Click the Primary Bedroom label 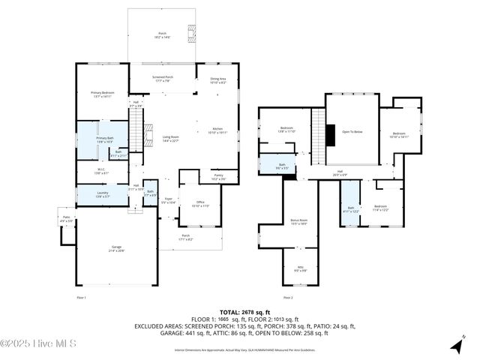tap(101, 94)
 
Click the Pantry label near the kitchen tap(217, 177)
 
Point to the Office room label tap(200, 203)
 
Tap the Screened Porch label tap(164, 79)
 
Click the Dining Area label tap(217, 80)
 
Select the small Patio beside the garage tap(67, 220)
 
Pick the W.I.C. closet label tap(102, 170)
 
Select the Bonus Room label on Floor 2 tap(298, 222)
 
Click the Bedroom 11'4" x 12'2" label tap(380, 208)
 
